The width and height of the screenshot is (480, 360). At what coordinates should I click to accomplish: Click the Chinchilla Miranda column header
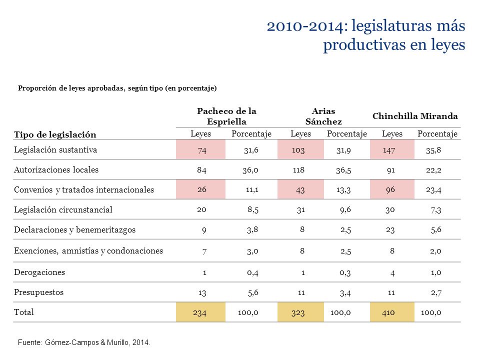pos(415,116)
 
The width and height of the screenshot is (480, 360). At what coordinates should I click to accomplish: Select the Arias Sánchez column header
pos(323,116)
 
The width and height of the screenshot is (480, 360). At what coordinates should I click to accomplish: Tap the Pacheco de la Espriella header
pos(226,116)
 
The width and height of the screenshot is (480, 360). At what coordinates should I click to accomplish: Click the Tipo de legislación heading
pos(55,134)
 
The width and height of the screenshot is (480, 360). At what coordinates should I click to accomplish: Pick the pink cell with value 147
pos(392,149)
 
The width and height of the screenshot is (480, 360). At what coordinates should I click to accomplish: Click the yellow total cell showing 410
pos(392,312)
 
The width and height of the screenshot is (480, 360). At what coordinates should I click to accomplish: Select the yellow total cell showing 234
pos(200,312)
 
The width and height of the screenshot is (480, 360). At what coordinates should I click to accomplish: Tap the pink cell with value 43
pos(300,189)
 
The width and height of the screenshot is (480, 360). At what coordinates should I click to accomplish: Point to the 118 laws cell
pos(298,170)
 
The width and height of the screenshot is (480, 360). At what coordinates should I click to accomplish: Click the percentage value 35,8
pos(433,150)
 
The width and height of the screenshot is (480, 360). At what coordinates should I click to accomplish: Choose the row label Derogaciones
pos(39,272)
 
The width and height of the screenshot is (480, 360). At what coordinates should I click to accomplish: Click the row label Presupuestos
pos(39,292)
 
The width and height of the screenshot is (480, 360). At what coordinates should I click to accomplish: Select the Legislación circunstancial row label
pos(63,209)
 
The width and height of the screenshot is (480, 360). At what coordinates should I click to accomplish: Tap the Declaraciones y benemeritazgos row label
pos(74,229)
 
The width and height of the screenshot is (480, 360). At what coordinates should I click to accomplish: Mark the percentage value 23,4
pos(433,190)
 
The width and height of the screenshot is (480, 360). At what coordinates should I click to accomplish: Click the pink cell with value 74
pos(200,149)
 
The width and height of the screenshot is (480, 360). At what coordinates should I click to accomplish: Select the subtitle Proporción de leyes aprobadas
pos(70,88)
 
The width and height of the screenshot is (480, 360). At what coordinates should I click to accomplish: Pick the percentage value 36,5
pos(343,170)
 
